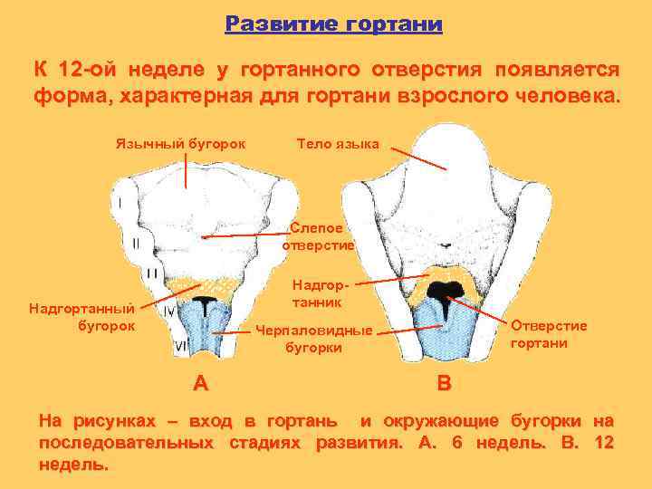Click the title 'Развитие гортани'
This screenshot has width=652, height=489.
(333, 24)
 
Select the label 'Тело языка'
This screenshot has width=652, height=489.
(338, 143)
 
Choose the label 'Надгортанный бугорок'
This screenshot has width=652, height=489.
(82, 317)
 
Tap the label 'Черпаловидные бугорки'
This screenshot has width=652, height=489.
(313, 338)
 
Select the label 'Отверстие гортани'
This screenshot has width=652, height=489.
(549, 334)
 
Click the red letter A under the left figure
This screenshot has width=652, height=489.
(201, 383)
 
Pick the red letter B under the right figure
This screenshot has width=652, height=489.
(443, 383)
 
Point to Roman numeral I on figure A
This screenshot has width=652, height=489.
(120, 201)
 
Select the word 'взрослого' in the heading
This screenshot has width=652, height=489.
(450, 95)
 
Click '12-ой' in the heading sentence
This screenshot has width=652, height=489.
(87, 70)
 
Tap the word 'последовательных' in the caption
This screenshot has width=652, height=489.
(126, 443)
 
